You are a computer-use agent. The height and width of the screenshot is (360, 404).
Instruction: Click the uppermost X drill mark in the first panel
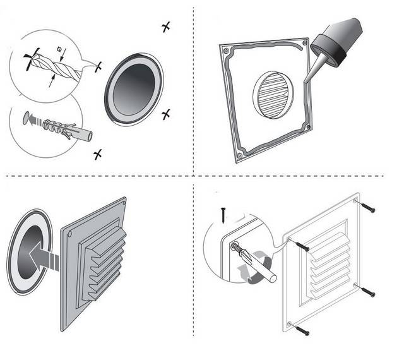pyautogui.click(x=165, y=27)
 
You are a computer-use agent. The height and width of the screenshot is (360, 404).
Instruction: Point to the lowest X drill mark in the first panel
pyautogui.click(x=97, y=154)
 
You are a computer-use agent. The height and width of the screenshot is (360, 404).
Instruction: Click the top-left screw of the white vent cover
pyautogui.click(x=301, y=245)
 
